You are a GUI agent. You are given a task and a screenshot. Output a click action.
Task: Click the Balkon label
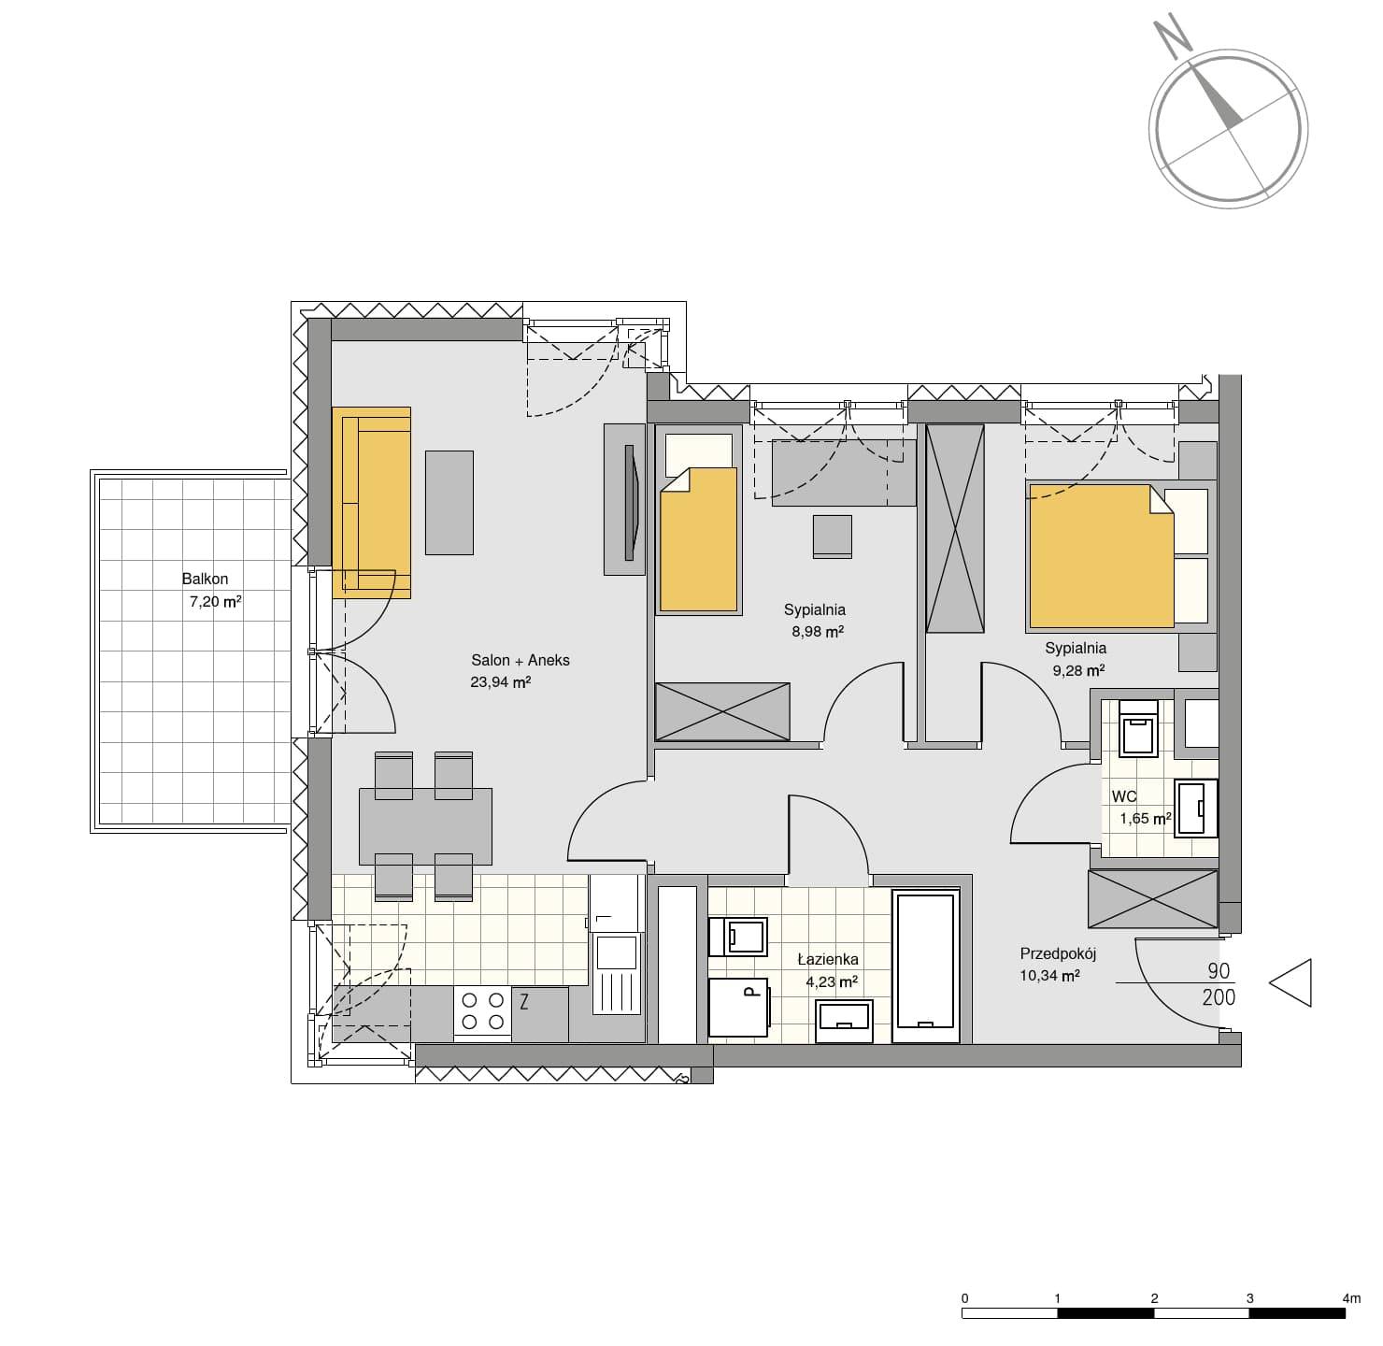[205, 579]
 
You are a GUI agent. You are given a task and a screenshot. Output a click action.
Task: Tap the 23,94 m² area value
[500, 682]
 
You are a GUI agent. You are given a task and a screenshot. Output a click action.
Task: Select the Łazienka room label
[828, 959]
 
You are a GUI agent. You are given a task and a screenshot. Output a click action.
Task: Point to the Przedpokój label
[1058, 954]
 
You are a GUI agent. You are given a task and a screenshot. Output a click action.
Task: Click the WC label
[1123, 797]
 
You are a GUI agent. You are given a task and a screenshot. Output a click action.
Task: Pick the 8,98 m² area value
[818, 631]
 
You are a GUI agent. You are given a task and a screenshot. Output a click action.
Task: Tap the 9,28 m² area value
[1078, 670]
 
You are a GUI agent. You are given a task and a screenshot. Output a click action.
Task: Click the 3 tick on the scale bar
[1249, 1297]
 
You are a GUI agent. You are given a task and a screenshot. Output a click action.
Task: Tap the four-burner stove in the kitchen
[482, 1011]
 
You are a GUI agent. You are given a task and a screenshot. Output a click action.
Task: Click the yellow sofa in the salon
[371, 502]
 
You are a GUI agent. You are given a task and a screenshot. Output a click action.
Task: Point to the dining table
[426, 826]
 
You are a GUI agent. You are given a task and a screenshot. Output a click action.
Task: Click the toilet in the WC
[1138, 728]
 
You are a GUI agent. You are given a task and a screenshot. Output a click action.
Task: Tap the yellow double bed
[1100, 556]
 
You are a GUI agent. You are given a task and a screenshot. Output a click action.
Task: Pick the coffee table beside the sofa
[449, 502]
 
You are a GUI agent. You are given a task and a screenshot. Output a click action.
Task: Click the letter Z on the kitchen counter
[524, 1002]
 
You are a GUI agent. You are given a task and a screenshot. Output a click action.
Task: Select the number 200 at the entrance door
[1219, 997]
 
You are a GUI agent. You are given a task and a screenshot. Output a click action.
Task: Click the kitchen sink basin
[616, 952]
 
